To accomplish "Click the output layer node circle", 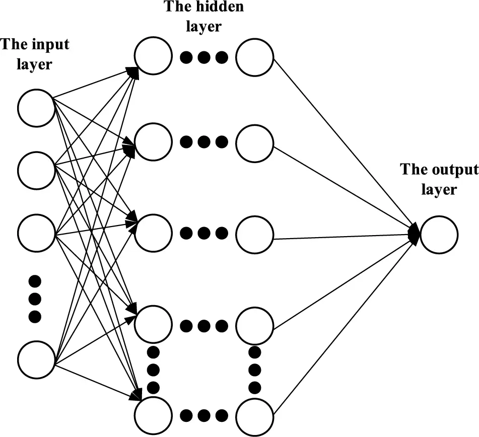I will point(439,235).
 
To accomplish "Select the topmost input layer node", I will point(36,107).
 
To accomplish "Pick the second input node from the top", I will point(36,170).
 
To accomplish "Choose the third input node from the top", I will point(36,234).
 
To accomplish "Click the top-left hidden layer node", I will point(153,56).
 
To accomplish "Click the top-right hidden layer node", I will point(254,56).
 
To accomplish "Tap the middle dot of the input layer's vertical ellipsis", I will point(35,299).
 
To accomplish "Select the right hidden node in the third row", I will point(254,234).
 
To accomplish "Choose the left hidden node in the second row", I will point(153,142).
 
